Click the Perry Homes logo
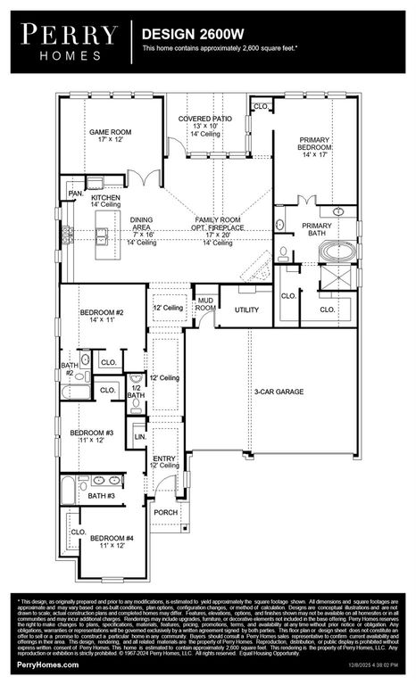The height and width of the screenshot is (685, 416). pyautogui.click(x=69, y=40)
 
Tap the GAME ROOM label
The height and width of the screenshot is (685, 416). pyautogui.click(x=110, y=136)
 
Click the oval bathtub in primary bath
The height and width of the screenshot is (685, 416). pyautogui.click(x=338, y=252)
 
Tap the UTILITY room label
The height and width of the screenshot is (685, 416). pyautogui.click(x=247, y=309)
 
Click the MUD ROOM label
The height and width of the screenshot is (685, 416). pyautogui.click(x=205, y=304)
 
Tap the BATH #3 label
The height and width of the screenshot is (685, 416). pyautogui.click(x=100, y=495)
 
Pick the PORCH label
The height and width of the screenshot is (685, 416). pyautogui.click(x=166, y=512)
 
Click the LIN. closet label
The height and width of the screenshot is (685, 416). pyautogui.click(x=139, y=437)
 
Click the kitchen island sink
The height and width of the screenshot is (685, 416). pyautogui.click(x=104, y=235)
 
